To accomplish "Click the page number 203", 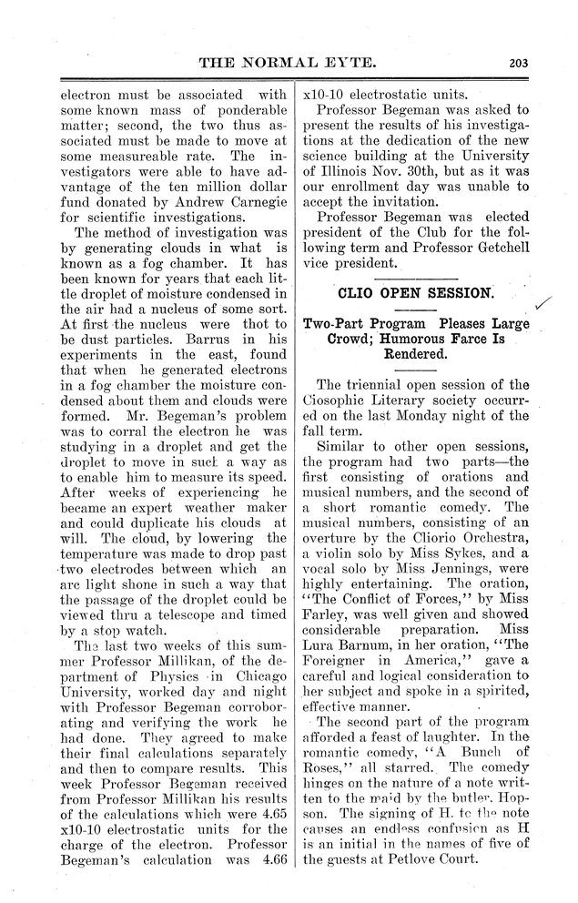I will [x=520, y=64].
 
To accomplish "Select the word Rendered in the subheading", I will [x=416, y=354].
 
